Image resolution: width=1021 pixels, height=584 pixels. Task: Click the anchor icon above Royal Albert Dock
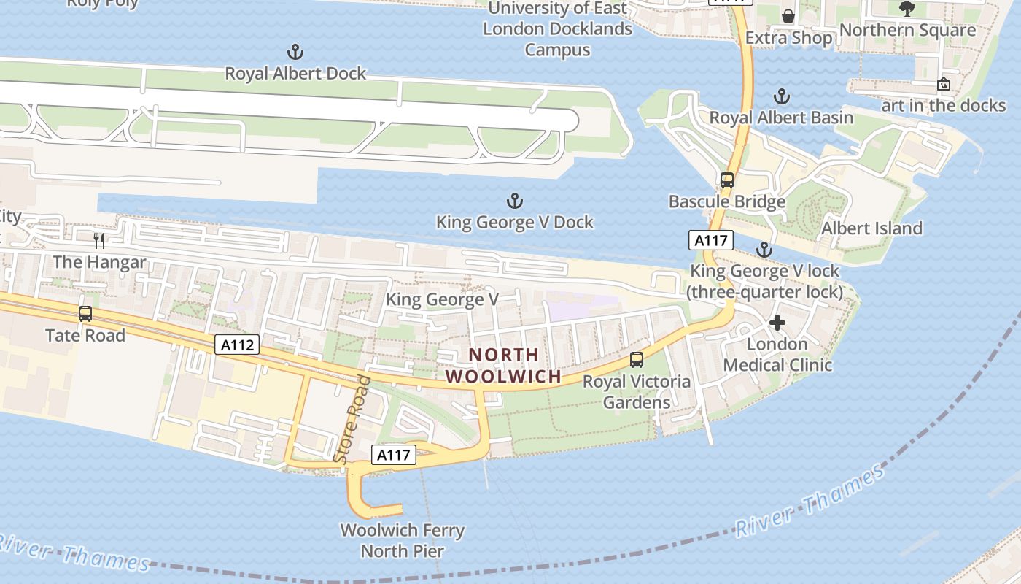(x=295, y=52)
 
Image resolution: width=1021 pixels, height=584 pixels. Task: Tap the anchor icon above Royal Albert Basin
(x=781, y=96)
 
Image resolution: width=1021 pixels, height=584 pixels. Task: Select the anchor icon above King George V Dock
(x=515, y=201)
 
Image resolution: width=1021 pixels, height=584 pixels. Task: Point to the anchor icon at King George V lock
(x=764, y=250)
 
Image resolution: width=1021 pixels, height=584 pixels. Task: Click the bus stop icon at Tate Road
(x=85, y=314)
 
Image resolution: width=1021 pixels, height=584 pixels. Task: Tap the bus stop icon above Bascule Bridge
(x=726, y=180)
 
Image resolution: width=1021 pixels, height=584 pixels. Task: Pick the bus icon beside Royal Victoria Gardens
(x=637, y=359)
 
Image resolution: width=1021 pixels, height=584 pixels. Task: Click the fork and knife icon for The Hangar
(x=100, y=240)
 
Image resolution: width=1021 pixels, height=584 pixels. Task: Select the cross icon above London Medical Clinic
(x=777, y=322)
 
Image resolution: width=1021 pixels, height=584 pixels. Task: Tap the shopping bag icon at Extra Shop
(x=788, y=16)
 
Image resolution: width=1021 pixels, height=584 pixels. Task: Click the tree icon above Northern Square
(x=907, y=9)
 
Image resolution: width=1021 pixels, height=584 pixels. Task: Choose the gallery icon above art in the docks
(x=943, y=84)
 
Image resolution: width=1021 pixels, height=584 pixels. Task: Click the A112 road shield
(x=238, y=345)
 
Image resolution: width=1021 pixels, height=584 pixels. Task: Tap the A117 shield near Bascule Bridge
(x=710, y=240)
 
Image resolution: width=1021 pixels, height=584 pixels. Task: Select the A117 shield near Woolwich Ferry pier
(x=394, y=456)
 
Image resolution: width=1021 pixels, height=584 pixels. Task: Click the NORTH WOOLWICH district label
(x=504, y=366)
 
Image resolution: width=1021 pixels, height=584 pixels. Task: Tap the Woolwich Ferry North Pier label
(x=403, y=540)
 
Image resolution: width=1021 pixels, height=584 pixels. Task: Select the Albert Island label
(x=871, y=228)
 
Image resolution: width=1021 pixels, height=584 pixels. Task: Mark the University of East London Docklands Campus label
(x=558, y=29)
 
